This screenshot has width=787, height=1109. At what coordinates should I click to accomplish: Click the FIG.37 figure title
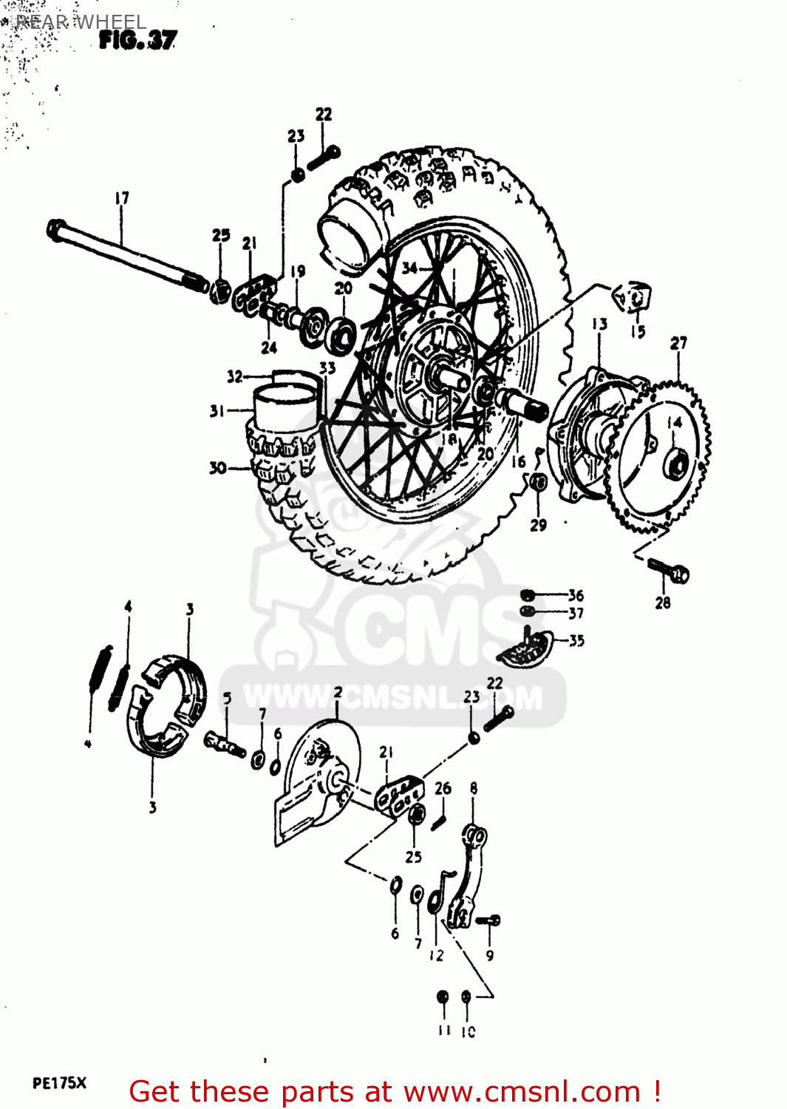click(137, 40)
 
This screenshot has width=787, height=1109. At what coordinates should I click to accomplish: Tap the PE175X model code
click(59, 1083)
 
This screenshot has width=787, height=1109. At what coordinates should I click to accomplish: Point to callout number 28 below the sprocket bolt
click(663, 603)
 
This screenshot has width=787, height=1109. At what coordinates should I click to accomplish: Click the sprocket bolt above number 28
click(669, 570)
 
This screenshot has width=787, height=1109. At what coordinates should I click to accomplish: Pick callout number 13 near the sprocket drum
click(599, 324)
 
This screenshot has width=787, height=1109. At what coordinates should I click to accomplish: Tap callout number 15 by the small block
click(638, 332)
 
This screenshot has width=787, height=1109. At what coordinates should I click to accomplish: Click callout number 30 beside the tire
click(217, 467)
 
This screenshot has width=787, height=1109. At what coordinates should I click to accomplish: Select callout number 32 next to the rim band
click(235, 376)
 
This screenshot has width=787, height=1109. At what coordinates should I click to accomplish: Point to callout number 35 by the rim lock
click(576, 640)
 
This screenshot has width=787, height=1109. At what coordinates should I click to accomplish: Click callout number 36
click(576, 594)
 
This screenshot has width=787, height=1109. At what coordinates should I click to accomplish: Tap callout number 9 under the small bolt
click(489, 955)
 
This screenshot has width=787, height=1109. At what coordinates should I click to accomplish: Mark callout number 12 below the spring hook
click(437, 955)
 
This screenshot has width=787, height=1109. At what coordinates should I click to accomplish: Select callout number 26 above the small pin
click(443, 788)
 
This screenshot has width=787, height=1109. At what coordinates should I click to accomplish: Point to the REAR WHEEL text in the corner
click(81, 22)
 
